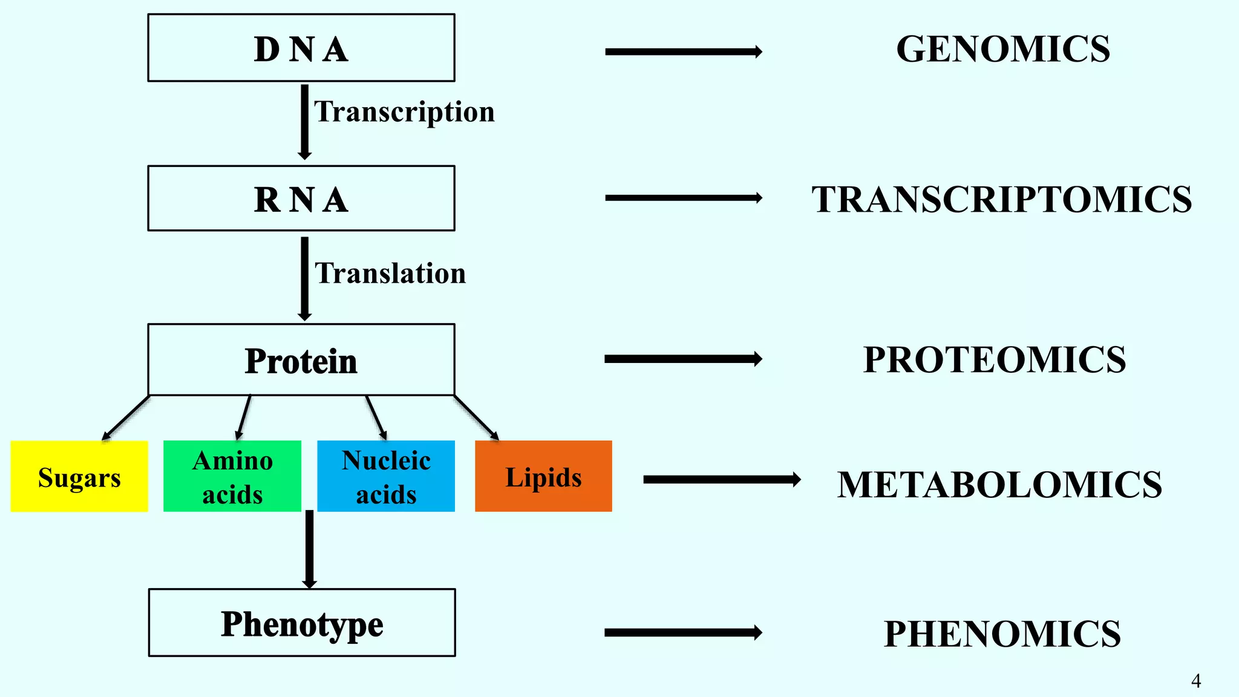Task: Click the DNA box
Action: (301, 48)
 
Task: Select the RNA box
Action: (301, 198)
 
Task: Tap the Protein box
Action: (301, 360)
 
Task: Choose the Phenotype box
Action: (302, 623)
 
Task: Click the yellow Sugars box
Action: (79, 477)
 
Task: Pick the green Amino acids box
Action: (232, 477)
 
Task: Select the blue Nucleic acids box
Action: (386, 477)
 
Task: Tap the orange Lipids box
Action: (543, 477)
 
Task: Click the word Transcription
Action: (404, 112)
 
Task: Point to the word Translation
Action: (390, 273)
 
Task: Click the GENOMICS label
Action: (1003, 49)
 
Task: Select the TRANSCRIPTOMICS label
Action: (1001, 200)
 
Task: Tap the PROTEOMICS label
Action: (995, 360)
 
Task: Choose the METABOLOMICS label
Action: (999, 485)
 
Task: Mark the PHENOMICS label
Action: (1002, 634)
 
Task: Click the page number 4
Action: (1196, 681)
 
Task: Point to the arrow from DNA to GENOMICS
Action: (684, 52)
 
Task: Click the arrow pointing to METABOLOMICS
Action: (722, 480)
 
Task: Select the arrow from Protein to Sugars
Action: (126, 418)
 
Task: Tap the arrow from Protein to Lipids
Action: (477, 418)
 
